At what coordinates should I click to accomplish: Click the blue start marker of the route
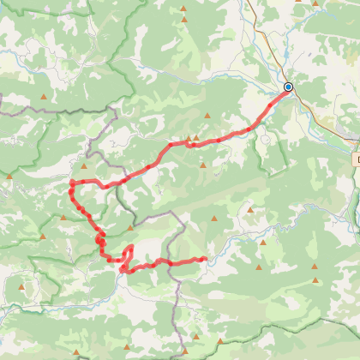[x=288, y=87]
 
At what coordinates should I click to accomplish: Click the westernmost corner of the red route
[x=71, y=183]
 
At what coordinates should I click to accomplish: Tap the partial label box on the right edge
[x=356, y=159]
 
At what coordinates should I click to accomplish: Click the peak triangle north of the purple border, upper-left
[x=44, y=96]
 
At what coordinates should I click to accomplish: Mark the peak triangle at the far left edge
[x=9, y=177]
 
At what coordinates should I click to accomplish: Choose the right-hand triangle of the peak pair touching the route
[x=196, y=137]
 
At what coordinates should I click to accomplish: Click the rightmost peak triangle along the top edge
[x=315, y=3]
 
